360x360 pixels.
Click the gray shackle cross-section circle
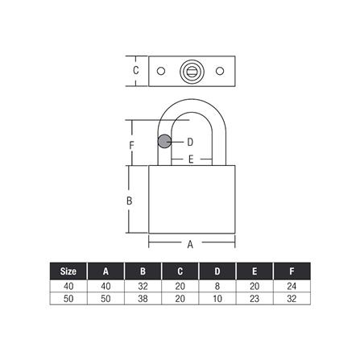164,142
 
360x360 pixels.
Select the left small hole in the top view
161,71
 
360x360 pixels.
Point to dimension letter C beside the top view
136,71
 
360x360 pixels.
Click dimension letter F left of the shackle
132,146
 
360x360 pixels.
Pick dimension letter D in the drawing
190,142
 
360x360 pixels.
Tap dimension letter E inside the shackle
190,159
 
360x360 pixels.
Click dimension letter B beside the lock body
130,201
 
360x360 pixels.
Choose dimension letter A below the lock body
190,243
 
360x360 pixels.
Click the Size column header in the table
68,271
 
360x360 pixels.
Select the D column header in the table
217,271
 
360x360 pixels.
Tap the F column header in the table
292,271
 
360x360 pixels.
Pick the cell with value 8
217,286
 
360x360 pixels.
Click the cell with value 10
217,299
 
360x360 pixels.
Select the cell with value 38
143,299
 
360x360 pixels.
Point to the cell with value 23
254,299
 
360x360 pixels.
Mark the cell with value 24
292,286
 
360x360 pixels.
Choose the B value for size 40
143,286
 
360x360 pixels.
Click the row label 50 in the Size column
68,299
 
